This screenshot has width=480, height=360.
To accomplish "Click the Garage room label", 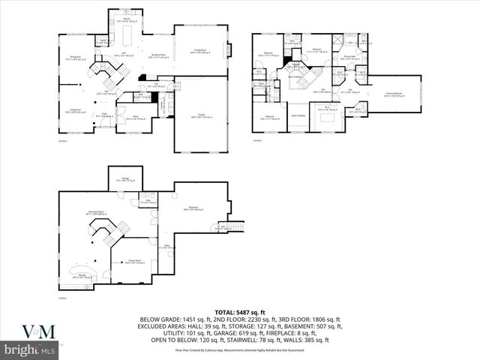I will (x=200, y=116).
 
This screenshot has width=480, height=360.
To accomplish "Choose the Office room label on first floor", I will (x=136, y=117).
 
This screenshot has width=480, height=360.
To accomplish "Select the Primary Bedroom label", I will (x=394, y=95).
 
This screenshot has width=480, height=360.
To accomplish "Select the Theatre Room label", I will (x=136, y=262).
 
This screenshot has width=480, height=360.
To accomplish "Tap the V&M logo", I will (x=28, y=330).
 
